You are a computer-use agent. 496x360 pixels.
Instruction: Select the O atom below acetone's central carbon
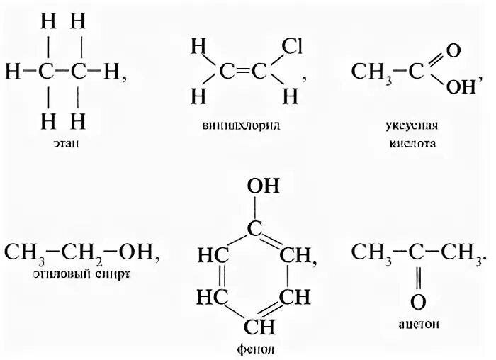419,301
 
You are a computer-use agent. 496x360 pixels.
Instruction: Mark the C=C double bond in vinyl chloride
245,71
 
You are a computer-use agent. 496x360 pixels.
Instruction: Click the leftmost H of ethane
11,71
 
